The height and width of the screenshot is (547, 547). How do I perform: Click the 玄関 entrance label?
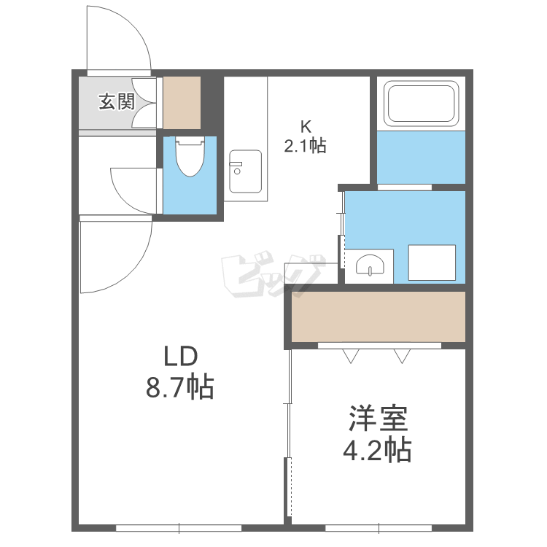click(117, 101)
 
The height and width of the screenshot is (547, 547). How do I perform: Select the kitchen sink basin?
click(245, 169)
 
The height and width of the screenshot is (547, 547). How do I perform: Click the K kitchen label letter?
click(306, 125)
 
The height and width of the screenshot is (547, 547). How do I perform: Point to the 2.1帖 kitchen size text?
click(305, 145)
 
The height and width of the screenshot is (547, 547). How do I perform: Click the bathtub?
click(421, 104)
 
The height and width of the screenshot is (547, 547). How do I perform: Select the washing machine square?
click(431, 263)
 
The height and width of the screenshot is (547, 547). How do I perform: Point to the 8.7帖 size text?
click(179, 387)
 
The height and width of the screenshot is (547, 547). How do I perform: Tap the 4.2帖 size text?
click(377, 450)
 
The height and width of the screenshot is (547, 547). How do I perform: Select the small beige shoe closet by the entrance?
click(181, 101)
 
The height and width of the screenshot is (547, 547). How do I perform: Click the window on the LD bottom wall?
click(179, 527)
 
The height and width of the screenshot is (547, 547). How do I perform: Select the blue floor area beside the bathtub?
click(421, 157)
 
